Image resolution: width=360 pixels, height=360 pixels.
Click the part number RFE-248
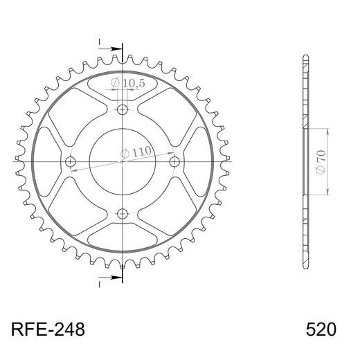(x=48, y=330)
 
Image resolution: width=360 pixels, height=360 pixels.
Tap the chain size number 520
(x=321, y=330)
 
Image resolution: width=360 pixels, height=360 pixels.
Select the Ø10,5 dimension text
(x=127, y=83)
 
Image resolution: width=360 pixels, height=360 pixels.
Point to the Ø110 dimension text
(x=136, y=152)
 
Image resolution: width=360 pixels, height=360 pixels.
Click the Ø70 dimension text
(x=321, y=161)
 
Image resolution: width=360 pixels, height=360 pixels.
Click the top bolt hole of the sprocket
(x=123, y=109)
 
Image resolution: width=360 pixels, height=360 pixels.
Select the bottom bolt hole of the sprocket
(x=123, y=214)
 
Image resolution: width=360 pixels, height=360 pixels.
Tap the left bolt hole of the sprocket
(x=71, y=161)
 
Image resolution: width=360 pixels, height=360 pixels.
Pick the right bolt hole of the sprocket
(x=174, y=161)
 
